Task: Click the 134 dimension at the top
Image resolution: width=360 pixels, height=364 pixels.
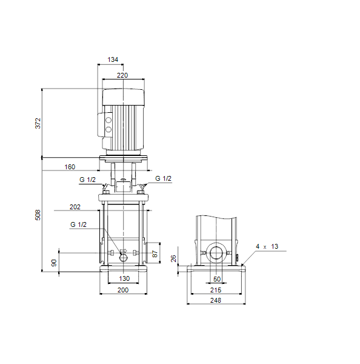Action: tap(113, 59)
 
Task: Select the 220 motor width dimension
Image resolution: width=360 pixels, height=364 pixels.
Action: tap(122, 75)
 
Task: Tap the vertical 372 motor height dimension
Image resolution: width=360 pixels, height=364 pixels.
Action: tap(38, 123)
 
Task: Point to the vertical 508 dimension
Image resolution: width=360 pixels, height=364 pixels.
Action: tap(38, 215)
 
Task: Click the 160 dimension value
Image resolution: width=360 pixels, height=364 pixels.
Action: tap(70, 167)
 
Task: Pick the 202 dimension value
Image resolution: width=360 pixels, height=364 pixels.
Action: tap(75, 207)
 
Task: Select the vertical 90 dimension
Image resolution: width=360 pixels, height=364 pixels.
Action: tap(54, 263)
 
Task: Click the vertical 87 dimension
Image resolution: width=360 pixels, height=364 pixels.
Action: tap(155, 254)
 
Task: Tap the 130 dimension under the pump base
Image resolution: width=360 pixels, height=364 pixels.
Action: tap(124, 278)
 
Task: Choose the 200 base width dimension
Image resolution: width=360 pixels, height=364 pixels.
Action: tap(123, 290)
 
